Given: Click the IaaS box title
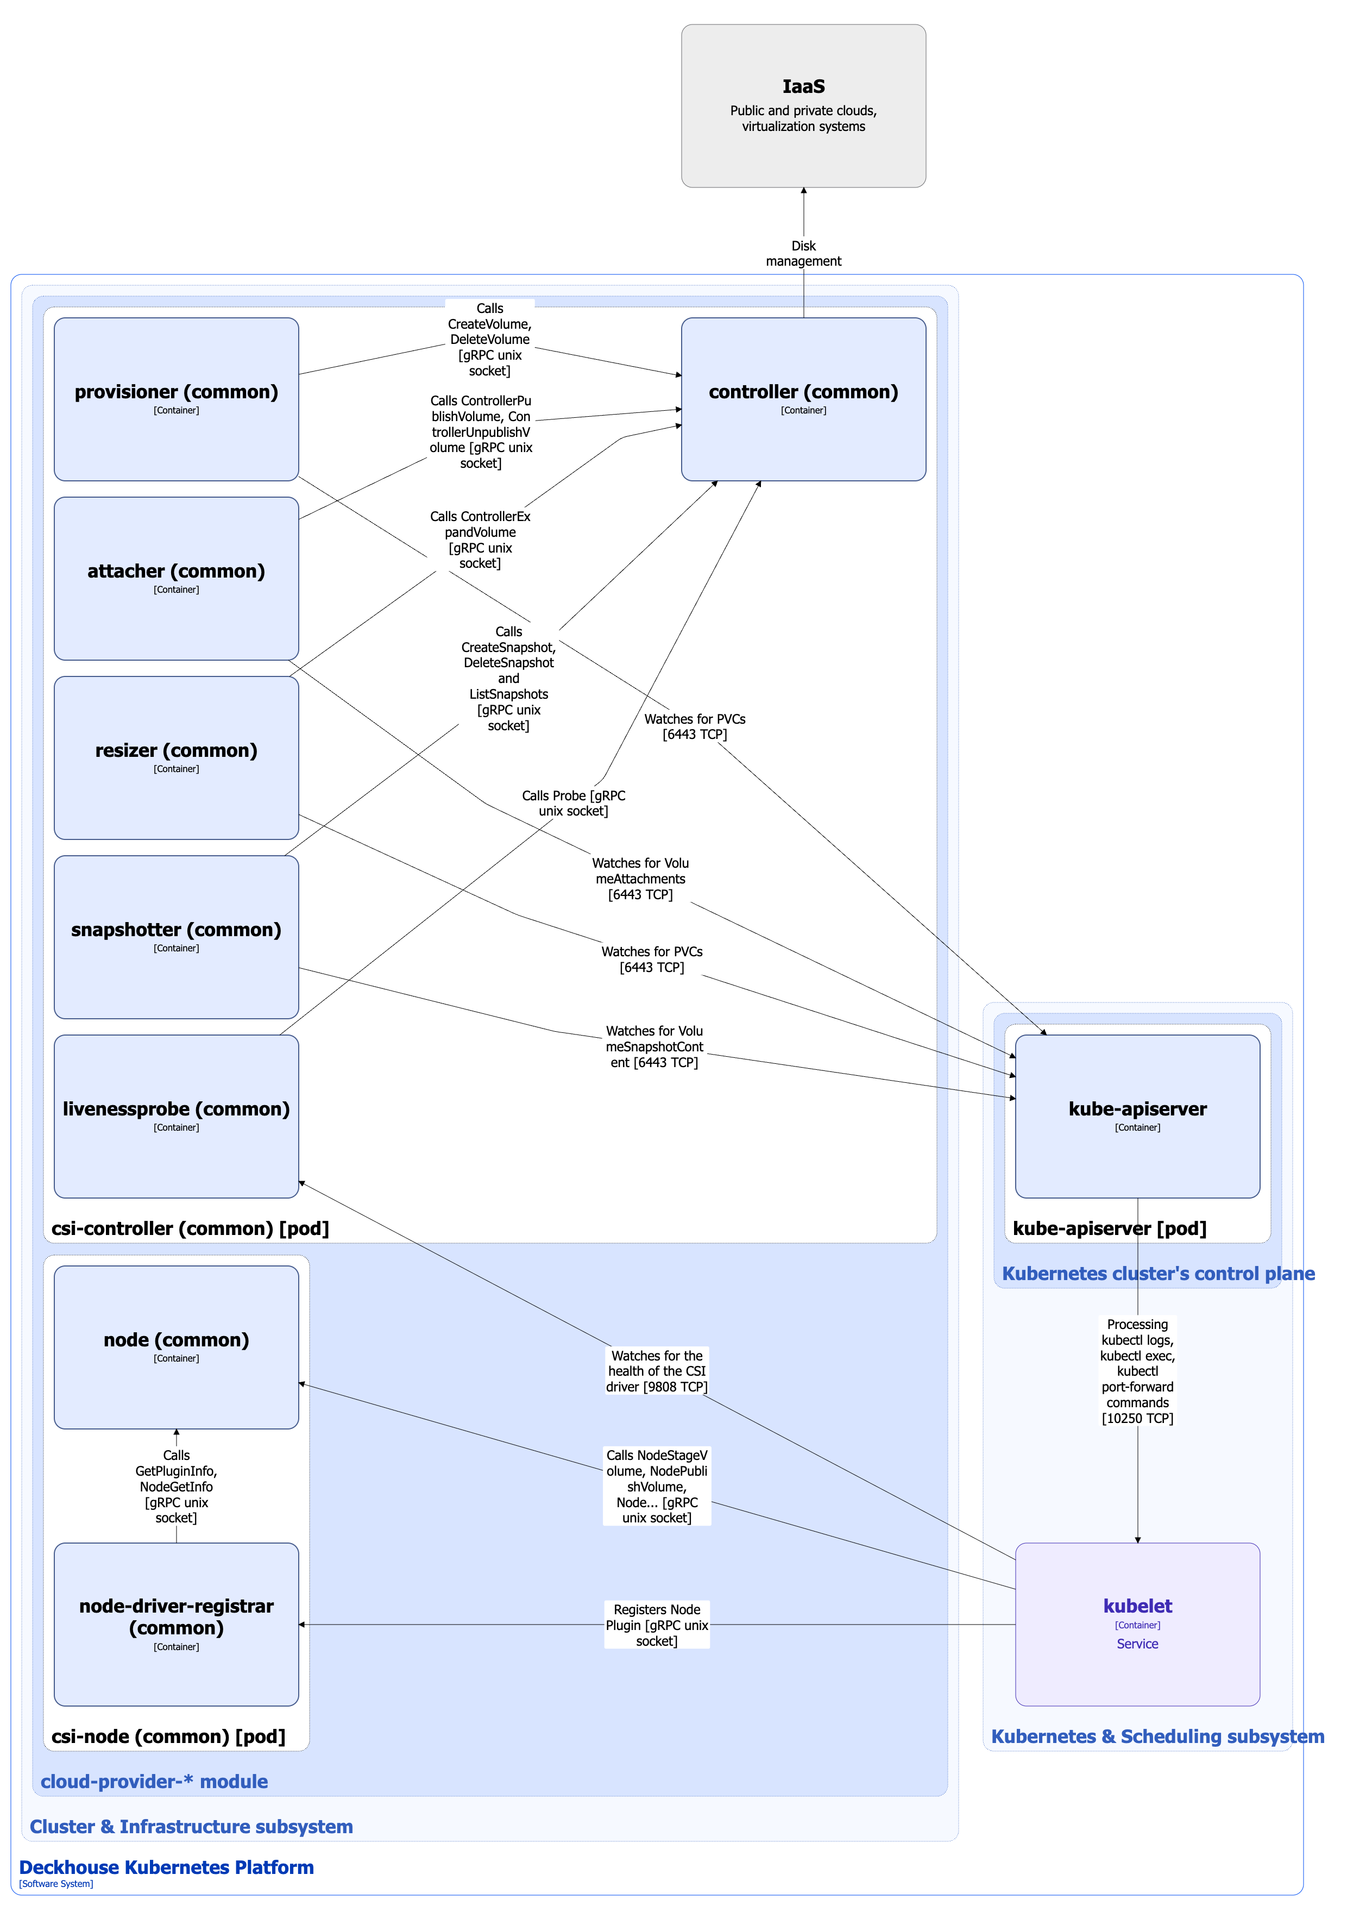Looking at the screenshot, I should click(803, 86).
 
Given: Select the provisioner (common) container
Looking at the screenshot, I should click(176, 398).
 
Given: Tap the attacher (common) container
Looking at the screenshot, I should click(176, 578).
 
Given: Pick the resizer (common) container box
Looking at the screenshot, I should click(176, 757).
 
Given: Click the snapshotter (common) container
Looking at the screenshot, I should click(176, 936).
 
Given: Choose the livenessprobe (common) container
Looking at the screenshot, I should click(176, 1115).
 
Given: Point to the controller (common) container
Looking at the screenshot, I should click(803, 398).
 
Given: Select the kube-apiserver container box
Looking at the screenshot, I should click(1136, 1115).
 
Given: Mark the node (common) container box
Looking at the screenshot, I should click(176, 1346).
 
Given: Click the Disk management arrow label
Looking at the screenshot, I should click(803, 253).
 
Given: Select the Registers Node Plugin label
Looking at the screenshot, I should click(657, 1625).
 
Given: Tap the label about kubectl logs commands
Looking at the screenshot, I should click(1136, 1371).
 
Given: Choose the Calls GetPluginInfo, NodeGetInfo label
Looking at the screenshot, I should click(176, 1486).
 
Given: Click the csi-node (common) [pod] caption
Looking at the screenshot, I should click(168, 1736).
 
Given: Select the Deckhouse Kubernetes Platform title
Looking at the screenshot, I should click(166, 1867).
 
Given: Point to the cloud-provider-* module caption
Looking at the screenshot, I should click(154, 1780).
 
